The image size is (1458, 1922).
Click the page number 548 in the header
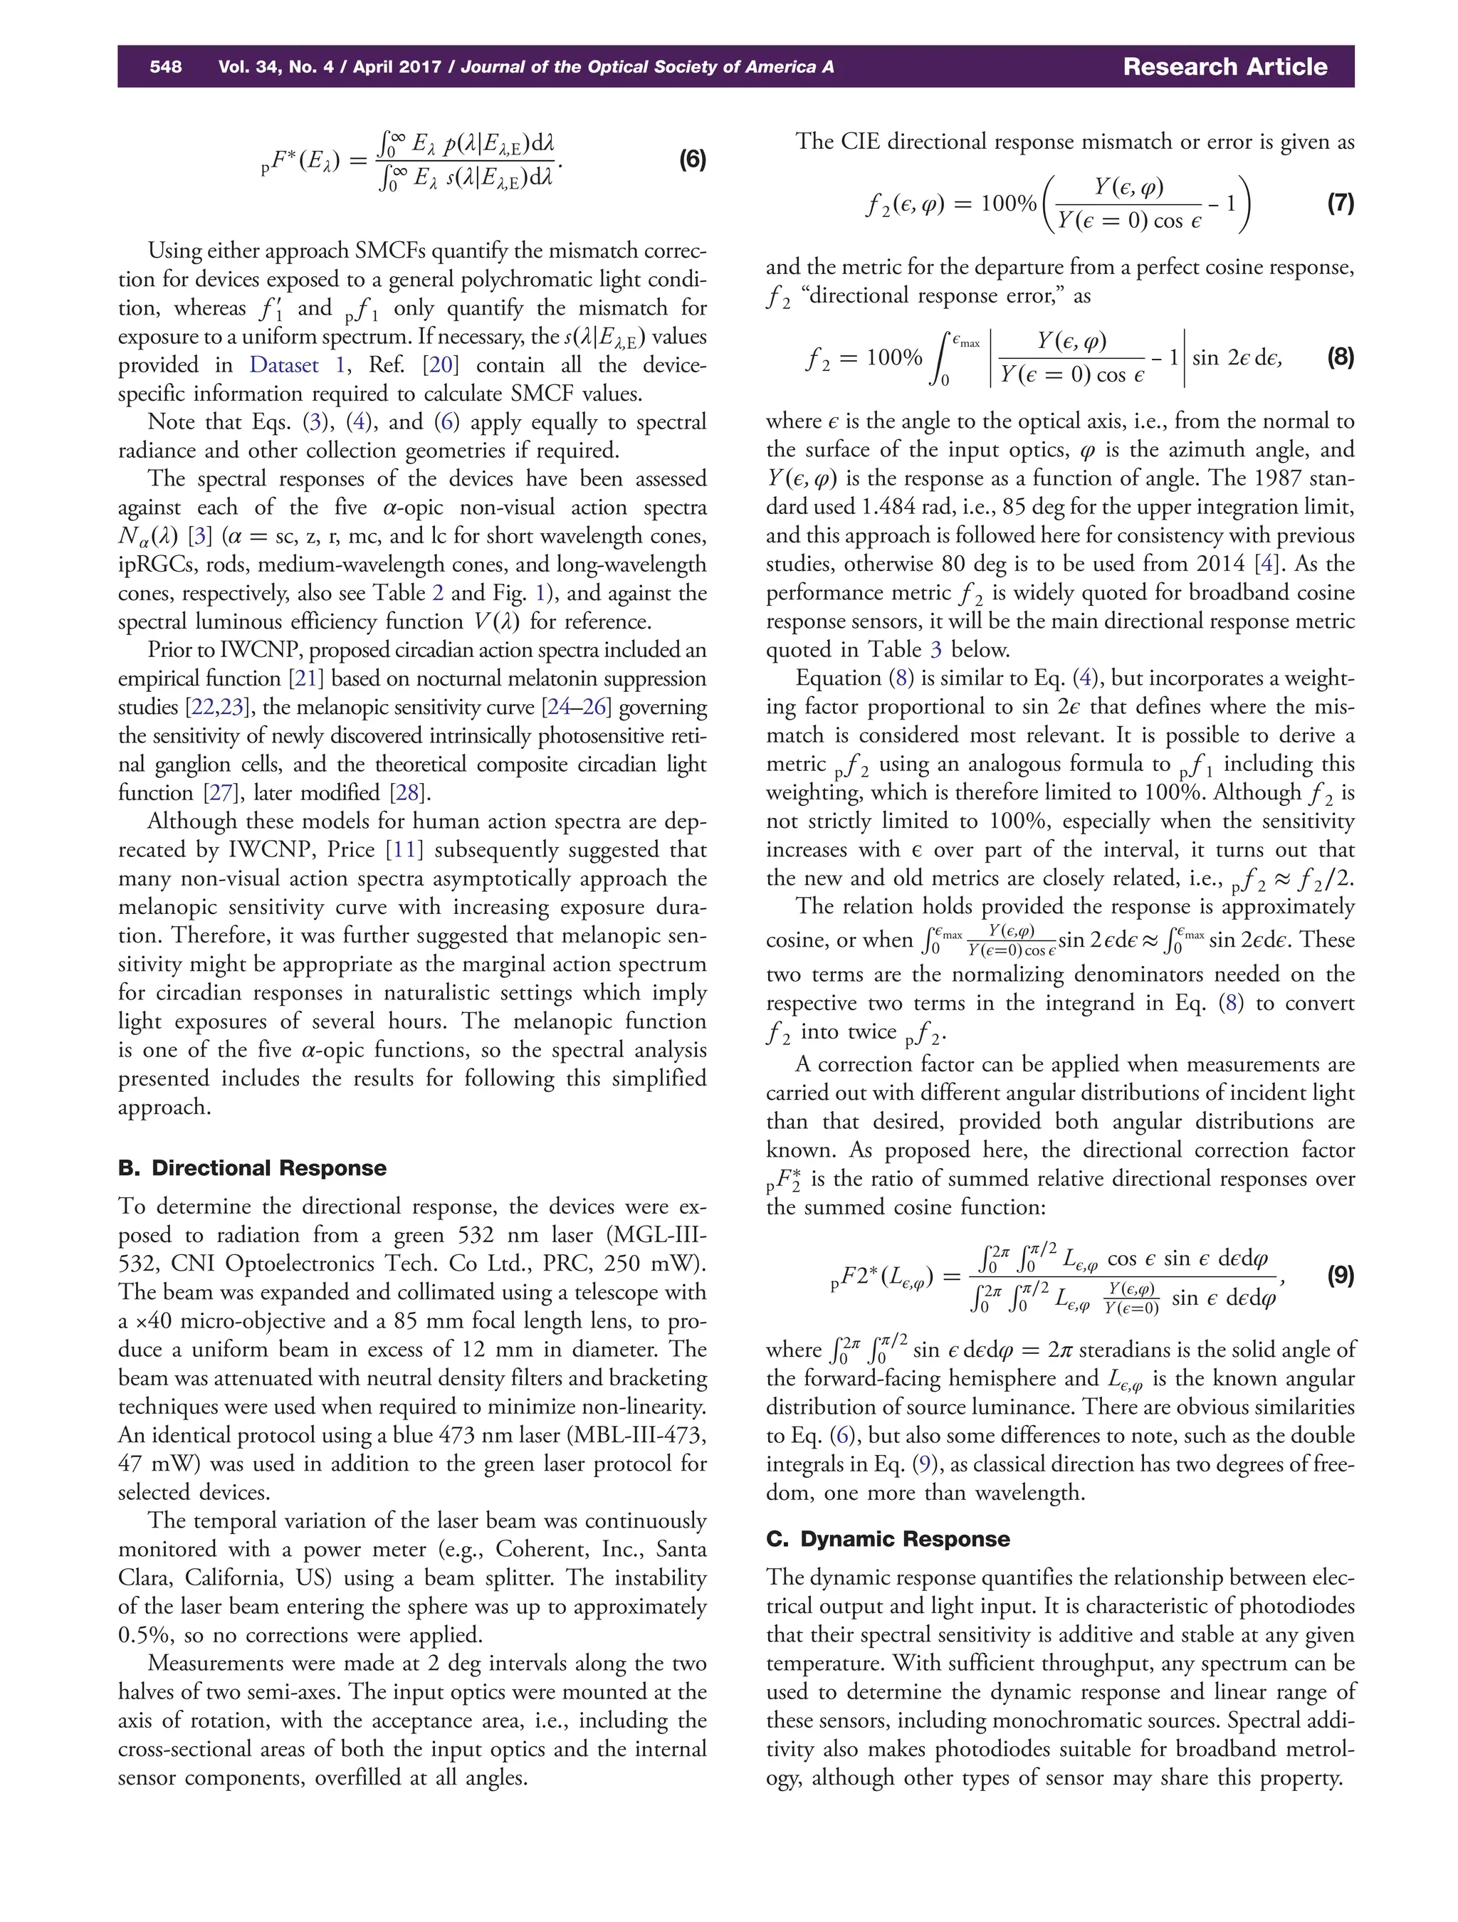pos(165,67)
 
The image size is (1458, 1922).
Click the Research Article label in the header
pos(1224,67)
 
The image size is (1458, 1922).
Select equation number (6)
pos(692,160)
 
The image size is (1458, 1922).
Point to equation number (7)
pos(1340,204)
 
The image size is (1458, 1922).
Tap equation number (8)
pos(1340,357)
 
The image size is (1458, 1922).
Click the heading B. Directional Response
pos(252,1168)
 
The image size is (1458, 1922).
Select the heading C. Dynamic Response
pos(887,1539)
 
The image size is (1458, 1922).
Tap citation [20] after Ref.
pos(440,365)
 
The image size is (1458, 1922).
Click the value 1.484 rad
pos(943,508)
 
